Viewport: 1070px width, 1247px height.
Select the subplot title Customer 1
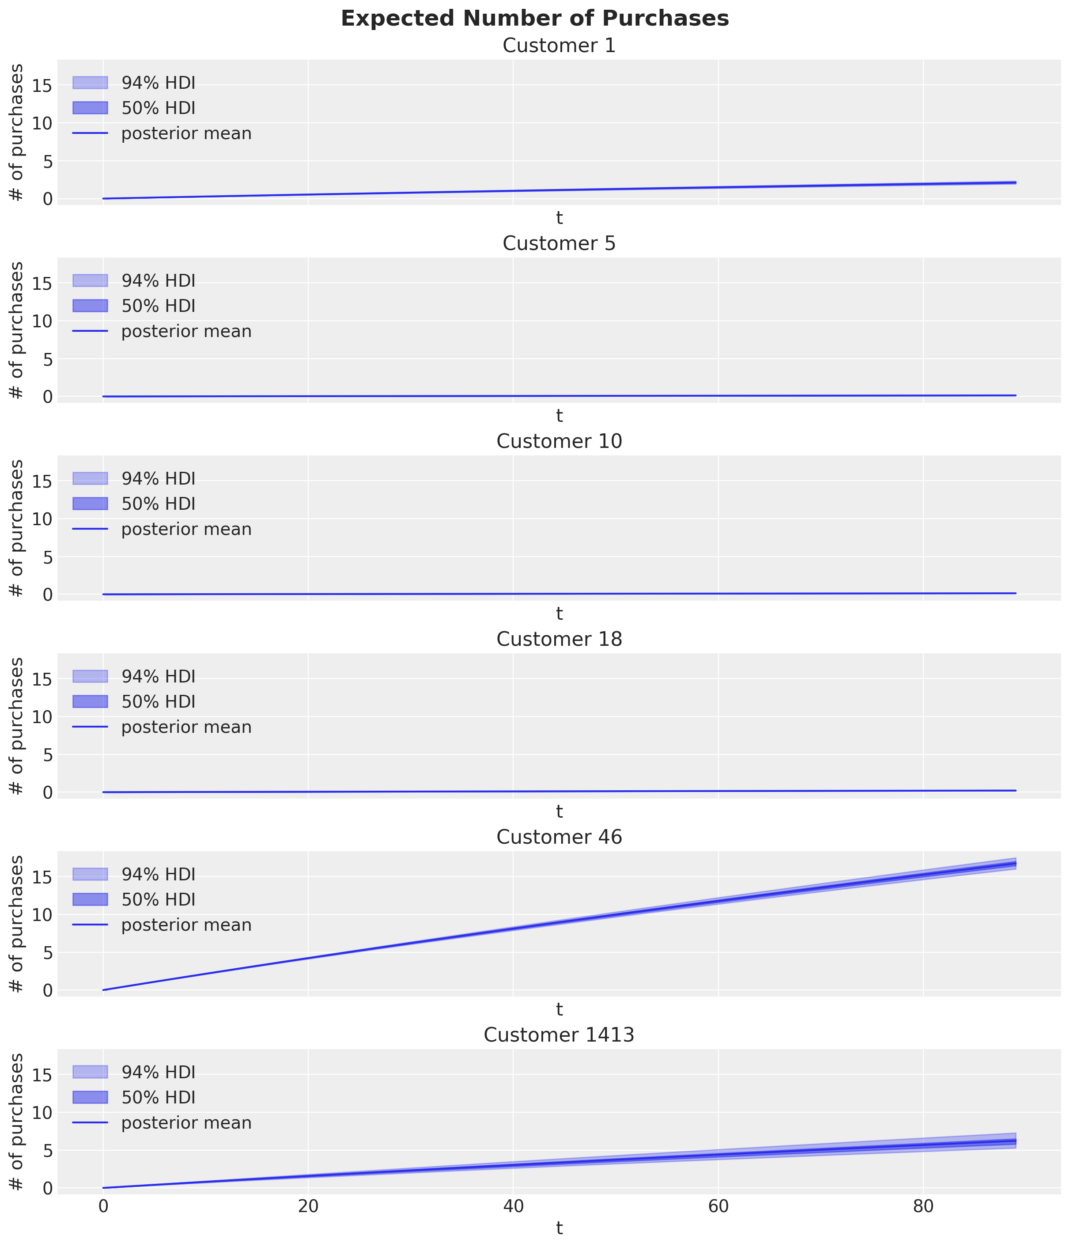click(559, 46)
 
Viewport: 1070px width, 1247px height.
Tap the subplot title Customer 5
click(559, 244)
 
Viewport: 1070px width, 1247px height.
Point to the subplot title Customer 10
click(559, 442)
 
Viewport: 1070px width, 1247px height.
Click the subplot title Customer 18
click(559, 640)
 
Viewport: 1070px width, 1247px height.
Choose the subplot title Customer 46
click(559, 838)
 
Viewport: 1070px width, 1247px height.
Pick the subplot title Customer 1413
click(559, 1036)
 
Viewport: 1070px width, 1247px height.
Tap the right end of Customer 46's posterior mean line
click(1015, 864)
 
